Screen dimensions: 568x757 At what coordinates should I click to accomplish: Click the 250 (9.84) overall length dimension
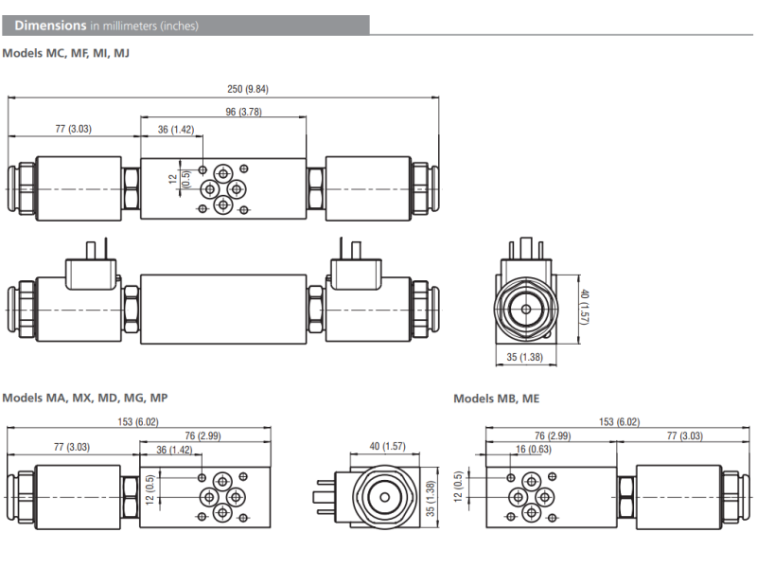(x=249, y=90)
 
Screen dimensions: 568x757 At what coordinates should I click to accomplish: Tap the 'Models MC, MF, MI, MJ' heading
(x=65, y=53)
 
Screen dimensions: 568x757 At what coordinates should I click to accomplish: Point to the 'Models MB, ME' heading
(x=496, y=399)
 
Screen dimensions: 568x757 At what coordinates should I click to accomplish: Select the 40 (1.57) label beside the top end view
(x=585, y=307)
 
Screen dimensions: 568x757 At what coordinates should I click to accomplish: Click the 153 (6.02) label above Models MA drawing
(x=139, y=422)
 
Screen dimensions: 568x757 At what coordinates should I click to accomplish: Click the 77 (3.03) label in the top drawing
(x=73, y=129)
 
